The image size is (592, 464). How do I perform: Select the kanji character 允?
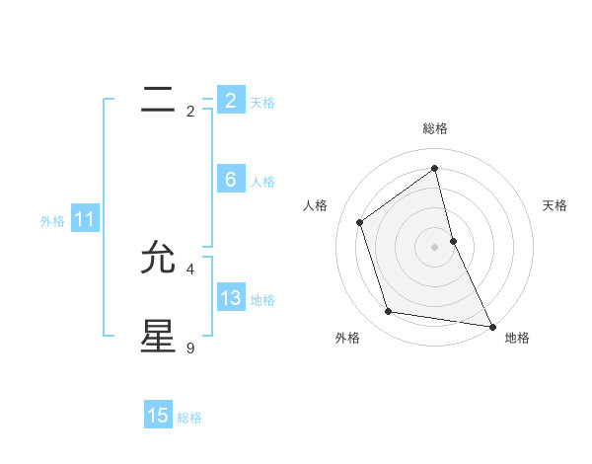pos(158,258)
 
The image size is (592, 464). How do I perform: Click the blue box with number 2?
pos(230,101)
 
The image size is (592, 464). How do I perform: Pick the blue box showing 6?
pos(230,180)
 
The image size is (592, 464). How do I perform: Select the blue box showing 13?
pos(230,298)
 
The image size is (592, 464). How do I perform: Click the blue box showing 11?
pos(84,220)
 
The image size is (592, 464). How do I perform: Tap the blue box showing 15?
pos(158,416)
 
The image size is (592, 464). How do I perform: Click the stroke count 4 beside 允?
pos(190,269)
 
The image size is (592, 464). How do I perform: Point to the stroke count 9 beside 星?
pos(190,348)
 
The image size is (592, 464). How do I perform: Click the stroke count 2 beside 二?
pos(190,112)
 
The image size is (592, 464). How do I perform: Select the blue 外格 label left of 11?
pos(52,221)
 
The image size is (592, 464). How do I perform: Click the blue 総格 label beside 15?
pos(189,417)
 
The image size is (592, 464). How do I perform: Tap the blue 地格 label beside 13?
pos(262,299)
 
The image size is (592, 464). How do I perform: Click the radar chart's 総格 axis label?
pos(435,128)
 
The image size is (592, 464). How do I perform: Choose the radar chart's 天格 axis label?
pos(555,205)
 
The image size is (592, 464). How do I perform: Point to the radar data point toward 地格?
pos(491,326)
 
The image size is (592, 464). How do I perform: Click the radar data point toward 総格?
pos(435,168)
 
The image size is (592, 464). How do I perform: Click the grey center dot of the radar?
pos(435,246)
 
